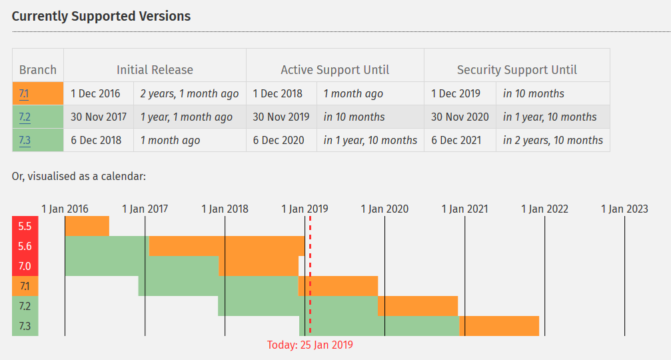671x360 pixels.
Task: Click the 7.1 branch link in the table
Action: (24, 94)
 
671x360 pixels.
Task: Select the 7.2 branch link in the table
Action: (25, 117)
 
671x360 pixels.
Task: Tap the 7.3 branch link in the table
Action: (25, 141)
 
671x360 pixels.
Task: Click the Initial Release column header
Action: (155, 70)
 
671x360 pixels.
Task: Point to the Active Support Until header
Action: (335, 70)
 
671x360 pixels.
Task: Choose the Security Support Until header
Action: (516, 70)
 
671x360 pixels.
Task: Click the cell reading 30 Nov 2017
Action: (99, 117)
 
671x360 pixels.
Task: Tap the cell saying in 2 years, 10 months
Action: (552, 141)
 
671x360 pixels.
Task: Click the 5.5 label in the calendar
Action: (25, 226)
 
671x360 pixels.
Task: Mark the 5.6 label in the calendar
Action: (25, 246)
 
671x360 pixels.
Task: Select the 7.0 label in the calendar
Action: (25, 266)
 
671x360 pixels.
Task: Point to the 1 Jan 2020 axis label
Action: (384, 209)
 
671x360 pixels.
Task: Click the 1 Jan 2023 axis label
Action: (624, 209)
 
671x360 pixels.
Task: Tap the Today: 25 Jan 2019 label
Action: (310, 345)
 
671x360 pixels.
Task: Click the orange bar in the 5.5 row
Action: (87, 226)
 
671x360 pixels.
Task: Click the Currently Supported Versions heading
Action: (101, 16)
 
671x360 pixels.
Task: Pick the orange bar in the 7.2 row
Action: (418, 306)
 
